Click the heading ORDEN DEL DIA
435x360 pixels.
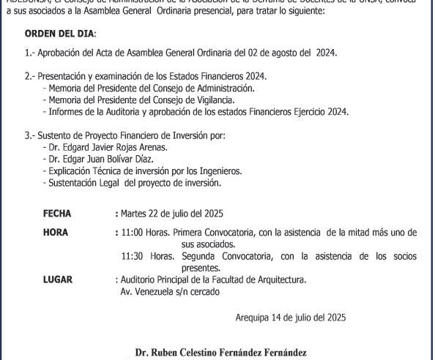pyautogui.click(x=60, y=34)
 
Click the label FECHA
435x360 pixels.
pyautogui.click(x=57, y=214)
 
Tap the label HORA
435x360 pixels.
pyautogui.click(x=56, y=233)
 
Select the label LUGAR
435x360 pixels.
pyautogui.click(x=58, y=280)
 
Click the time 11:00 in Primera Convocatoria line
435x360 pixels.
pyautogui.click(x=133, y=233)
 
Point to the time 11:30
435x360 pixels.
pyautogui.click(x=133, y=256)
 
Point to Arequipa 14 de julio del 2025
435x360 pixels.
pyautogui.click(x=291, y=318)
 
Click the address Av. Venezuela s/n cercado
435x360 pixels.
pyautogui.click(x=170, y=291)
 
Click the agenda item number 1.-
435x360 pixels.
pyautogui.click(x=30, y=53)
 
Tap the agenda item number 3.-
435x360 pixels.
pyautogui.click(x=30, y=135)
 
